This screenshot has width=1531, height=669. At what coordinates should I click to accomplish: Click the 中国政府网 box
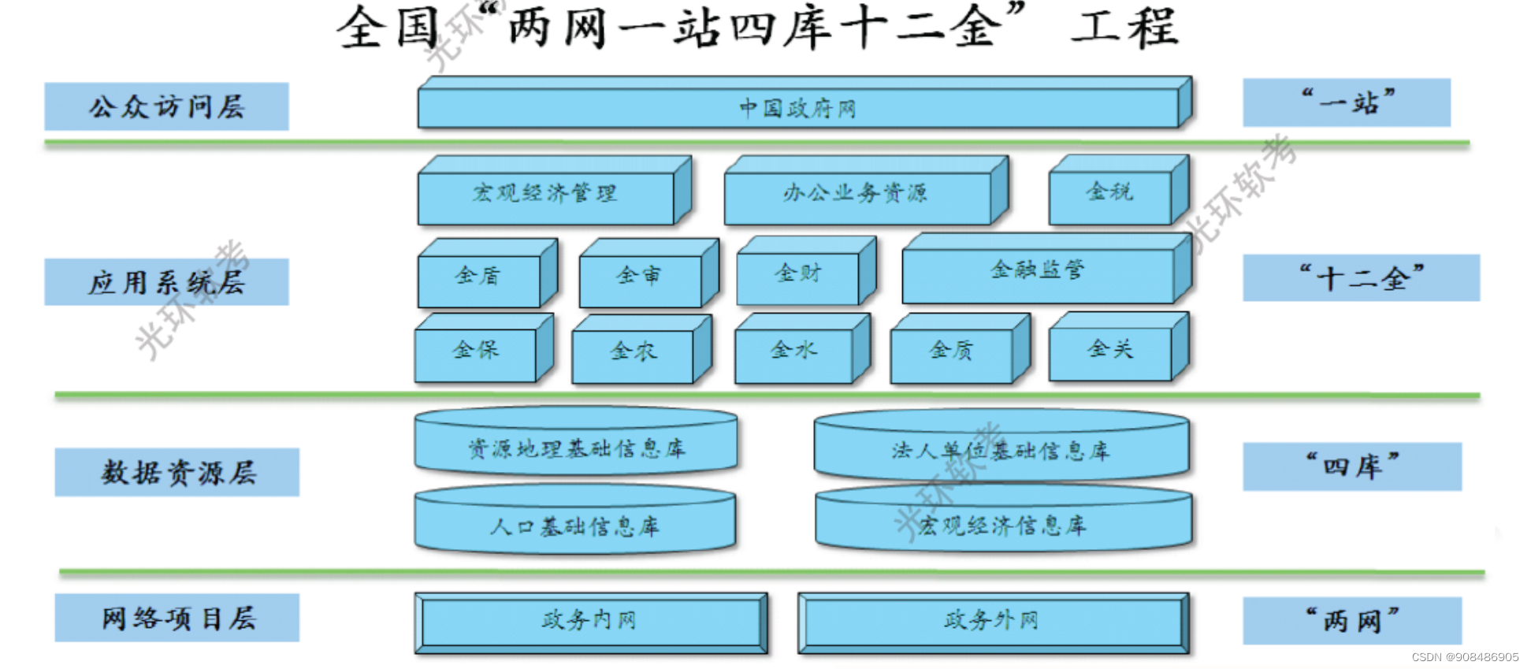point(797,108)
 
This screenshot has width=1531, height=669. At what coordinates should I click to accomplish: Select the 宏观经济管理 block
point(545,194)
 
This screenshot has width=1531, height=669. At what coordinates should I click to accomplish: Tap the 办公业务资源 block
point(857,194)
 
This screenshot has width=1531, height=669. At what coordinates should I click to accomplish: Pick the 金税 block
point(1109,192)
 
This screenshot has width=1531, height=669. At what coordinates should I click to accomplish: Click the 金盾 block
point(478,277)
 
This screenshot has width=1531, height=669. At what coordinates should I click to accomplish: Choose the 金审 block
point(639,277)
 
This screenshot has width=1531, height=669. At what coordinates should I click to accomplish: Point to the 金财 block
point(797,274)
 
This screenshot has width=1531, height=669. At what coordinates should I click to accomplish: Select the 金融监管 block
point(1037,272)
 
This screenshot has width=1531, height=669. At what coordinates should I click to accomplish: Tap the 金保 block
point(476,351)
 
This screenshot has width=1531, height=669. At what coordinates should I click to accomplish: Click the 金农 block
point(633,352)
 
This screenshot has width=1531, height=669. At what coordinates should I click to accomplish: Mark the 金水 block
point(793,351)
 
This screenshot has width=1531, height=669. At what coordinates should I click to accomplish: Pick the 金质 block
point(951,351)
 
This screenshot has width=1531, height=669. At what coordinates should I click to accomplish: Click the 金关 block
point(1109,350)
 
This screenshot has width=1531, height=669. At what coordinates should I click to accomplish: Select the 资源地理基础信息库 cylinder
point(576,448)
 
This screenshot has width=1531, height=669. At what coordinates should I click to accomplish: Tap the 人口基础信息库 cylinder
point(575,526)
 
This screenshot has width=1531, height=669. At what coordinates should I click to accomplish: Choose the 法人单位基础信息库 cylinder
point(1001,451)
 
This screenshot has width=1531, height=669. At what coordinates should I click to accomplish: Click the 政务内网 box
point(590,621)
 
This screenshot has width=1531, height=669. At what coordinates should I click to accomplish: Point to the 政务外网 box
point(992,621)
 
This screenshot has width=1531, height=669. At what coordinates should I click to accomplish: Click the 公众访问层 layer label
point(166,106)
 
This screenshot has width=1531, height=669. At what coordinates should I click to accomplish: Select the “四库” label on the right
point(1352,466)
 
